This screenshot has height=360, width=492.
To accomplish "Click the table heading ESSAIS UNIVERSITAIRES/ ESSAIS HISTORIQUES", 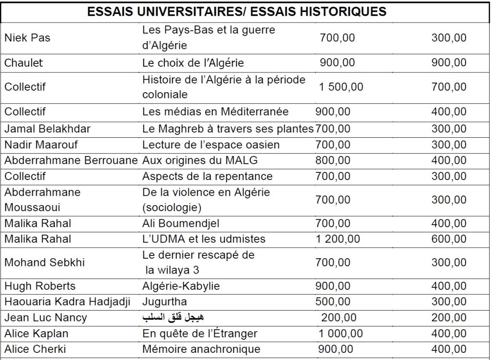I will click(236, 12).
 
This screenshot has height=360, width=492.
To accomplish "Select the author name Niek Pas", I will click(27, 37).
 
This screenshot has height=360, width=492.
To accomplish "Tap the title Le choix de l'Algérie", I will click(193, 62).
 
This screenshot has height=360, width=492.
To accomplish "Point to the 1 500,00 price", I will click(341, 87).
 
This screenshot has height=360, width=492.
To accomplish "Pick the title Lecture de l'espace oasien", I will click(211, 144).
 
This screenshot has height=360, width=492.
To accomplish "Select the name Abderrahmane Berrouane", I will click(71, 160).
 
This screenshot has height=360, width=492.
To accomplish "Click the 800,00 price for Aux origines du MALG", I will click(333, 160).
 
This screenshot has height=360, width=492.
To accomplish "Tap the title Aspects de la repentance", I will click(207, 176).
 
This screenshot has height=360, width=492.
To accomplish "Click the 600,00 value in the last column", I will click(449, 239).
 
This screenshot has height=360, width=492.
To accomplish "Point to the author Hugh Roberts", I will click(40, 286).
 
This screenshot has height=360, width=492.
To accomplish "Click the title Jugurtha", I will click(165, 302).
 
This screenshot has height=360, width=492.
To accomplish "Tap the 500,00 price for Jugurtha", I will click(333, 302).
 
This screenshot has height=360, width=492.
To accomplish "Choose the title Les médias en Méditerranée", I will click(215, 111).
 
